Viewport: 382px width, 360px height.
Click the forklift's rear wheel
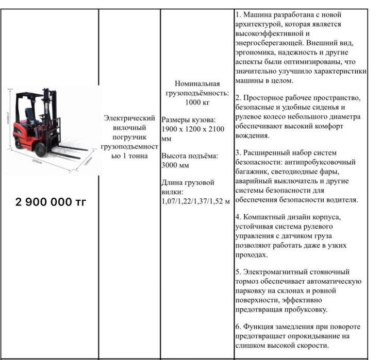[x=19, y=143]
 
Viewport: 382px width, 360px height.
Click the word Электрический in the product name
[x=129, y=117]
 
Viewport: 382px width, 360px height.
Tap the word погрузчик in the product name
[x=129, y=137]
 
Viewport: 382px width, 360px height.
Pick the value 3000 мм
[x=176, y=165]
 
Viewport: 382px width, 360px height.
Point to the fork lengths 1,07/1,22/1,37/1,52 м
[x=195, y=201]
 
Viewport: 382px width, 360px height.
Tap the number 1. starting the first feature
[x=239, y=15]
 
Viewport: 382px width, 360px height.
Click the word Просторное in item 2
[x=270, y=98]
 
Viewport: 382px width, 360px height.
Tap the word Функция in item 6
[x=260, y=327]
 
